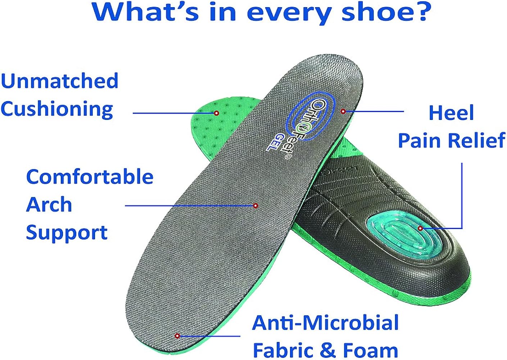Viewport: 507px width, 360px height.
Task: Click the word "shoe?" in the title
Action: (386, 12)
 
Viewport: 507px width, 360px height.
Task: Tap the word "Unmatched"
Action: (60, 81)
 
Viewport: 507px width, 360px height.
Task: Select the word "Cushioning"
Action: (57, 109)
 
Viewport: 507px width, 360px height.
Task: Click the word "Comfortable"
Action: (90, 177)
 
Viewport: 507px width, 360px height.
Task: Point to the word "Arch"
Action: (49, 204)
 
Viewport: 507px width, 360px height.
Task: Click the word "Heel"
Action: (451, 113)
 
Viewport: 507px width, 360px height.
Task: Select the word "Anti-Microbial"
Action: (326, 323)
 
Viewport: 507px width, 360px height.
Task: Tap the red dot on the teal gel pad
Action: (420, 228)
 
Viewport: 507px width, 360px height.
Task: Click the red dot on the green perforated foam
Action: (217, 113)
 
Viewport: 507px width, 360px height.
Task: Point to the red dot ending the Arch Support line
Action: (255, 206)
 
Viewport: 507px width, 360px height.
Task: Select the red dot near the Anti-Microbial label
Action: (177, 336)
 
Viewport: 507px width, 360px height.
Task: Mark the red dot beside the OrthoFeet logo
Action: (343, 112)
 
